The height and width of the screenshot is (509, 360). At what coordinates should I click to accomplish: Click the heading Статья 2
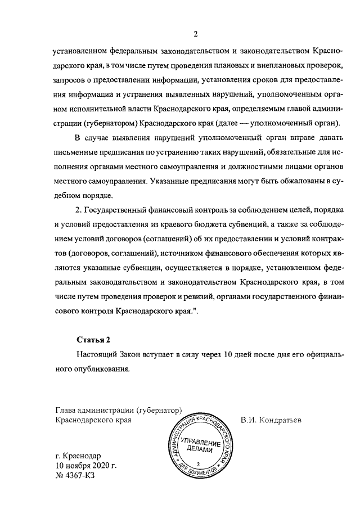coord(94,340)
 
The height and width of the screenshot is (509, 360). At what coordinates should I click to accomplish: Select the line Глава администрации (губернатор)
coord(116,409)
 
